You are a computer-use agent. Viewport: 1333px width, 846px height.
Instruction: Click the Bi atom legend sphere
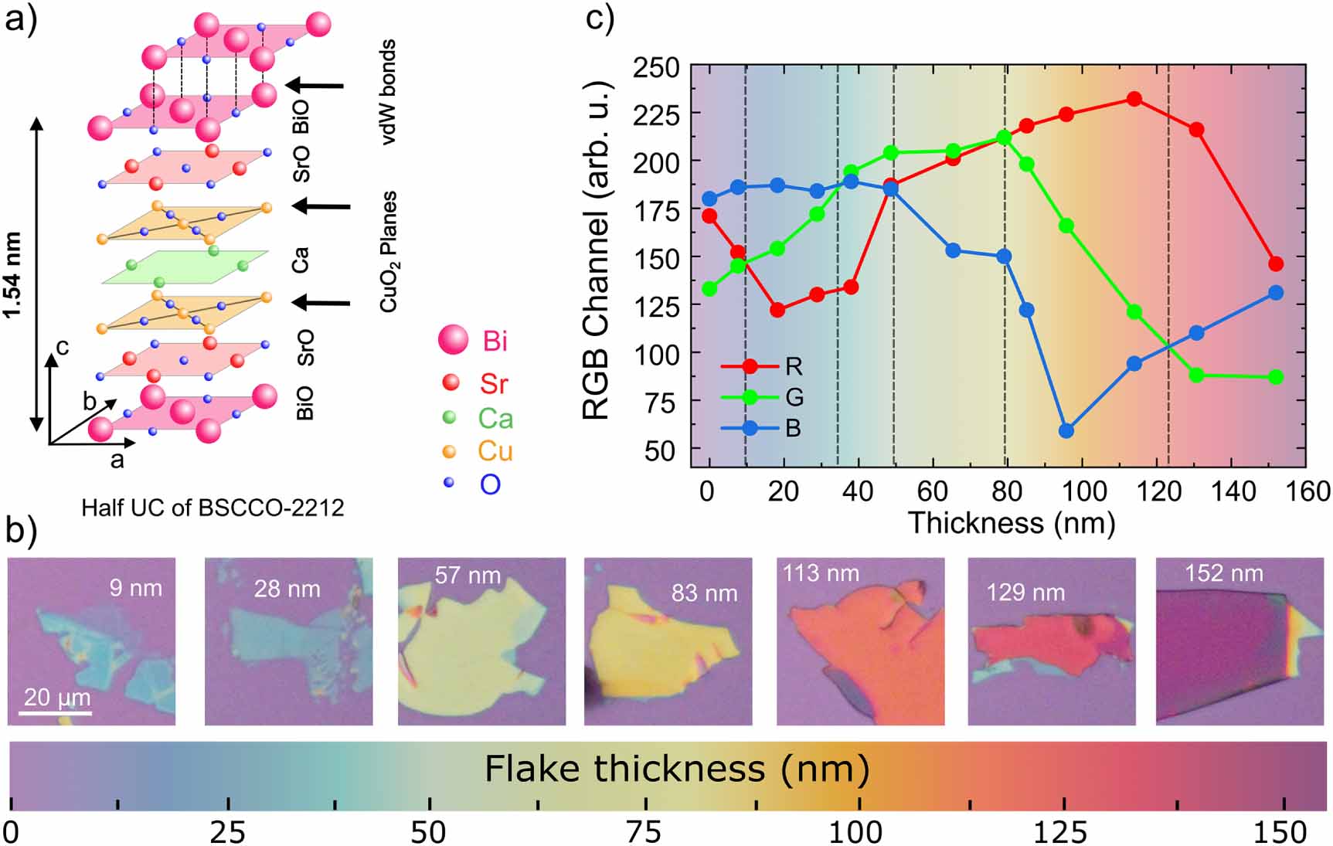tap(453, 340)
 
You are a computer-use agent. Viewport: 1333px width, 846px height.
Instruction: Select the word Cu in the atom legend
tap(495, 451)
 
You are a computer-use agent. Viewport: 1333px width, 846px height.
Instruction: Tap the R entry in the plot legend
tap(793, 366)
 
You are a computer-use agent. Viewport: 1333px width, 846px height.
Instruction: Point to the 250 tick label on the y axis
tap(656, 68)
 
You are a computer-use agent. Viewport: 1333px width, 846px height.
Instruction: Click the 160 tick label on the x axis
tap(1306, 491)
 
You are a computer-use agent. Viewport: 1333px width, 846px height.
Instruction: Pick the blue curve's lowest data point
tap(1066, 431)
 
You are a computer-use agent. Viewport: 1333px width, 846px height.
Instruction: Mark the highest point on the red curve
tap(1134, 99)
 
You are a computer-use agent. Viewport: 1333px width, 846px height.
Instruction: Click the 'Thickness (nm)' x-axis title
tap(1011, 523)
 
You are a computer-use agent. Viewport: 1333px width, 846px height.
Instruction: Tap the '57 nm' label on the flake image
tap(468, 576)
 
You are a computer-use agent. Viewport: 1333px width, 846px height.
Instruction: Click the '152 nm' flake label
tap(1224, 573)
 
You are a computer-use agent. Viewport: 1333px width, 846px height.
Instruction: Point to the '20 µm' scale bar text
tap(57, 697)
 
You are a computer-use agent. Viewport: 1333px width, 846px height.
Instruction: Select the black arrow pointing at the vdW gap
tap(315, 85)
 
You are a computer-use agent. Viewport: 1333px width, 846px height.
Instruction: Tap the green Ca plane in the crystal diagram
tap(185, 267)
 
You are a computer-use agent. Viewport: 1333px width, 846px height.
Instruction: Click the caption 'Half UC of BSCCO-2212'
tap(213, 508)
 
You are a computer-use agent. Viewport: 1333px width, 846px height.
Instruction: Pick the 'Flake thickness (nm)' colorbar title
tap(677, 770)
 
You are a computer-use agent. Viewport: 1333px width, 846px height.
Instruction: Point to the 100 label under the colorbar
tap(855, 832)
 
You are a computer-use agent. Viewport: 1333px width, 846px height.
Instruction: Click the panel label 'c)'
tap(600, 17)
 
